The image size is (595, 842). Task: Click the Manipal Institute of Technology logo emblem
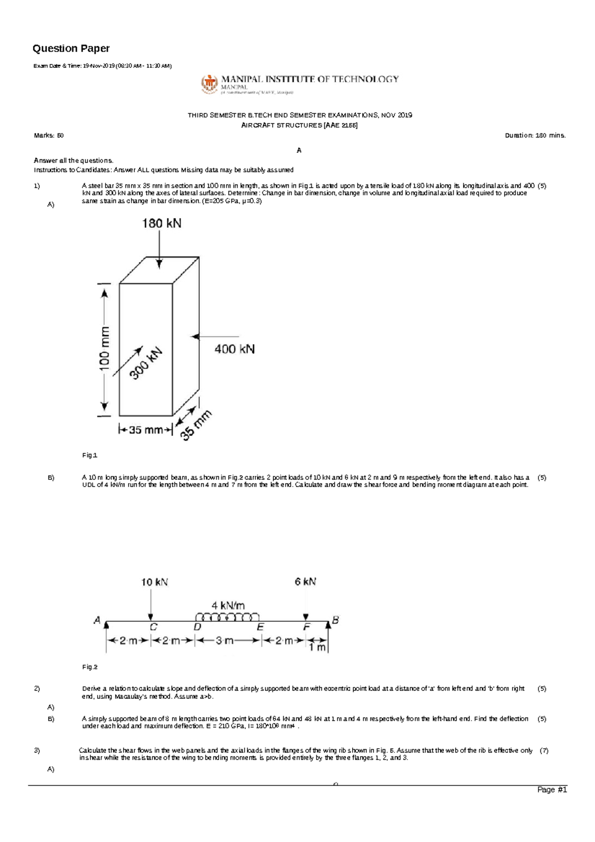[x=209, y=84]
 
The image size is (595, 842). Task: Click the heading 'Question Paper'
[x=71, y=49]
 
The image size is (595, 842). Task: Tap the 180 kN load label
[x=162, y=224]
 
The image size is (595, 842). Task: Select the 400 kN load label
[x=235, y=349]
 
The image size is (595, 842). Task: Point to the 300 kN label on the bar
[x=146, y=363]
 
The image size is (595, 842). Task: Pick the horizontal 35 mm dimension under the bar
[x=145, y=430]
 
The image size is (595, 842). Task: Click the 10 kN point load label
[x=155, y=582]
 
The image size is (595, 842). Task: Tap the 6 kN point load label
[x=305, y=582]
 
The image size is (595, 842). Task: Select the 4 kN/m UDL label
[x=228, y=605]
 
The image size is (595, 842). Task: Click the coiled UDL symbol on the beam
[x=228, y=617]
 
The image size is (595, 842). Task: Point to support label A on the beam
[x=97, y=620]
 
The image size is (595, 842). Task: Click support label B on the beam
[x=336, y=619]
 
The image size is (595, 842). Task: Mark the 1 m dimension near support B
[x=317, y=648]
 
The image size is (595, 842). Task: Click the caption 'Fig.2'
[x=90, y=667]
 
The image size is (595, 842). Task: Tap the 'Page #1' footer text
[x=552, y=789]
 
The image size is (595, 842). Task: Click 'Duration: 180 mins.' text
[x=535, y=135]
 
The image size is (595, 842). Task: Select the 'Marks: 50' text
[x=49, y=135]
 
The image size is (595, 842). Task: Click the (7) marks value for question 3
[x=544, y=751]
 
